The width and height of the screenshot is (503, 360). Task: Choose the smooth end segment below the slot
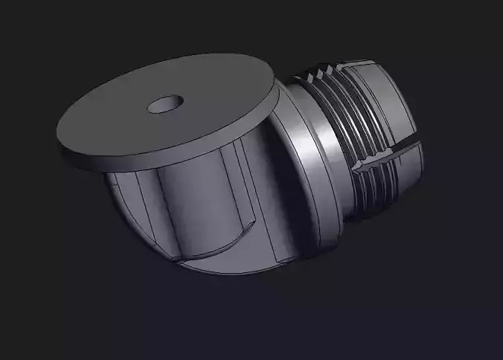click(x=406, y=179)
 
